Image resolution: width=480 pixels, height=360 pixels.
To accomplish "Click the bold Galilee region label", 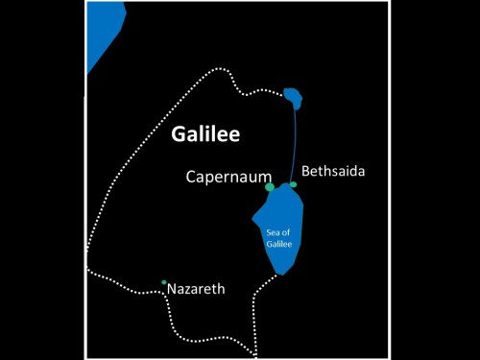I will point(204,134).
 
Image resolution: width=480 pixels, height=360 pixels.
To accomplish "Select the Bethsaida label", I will point(333,171).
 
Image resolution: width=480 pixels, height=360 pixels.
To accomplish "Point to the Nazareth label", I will point(196,288).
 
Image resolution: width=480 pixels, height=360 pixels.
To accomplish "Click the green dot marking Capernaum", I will point(270,186).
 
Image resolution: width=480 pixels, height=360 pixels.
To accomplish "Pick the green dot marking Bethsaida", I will point(293,184).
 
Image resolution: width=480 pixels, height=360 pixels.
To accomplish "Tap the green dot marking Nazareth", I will point(164,282).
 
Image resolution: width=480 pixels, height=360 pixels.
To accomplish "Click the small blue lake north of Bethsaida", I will point(293,96).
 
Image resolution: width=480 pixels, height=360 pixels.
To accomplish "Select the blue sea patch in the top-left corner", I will point(101,34).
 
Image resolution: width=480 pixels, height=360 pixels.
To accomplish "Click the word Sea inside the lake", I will point(277,232).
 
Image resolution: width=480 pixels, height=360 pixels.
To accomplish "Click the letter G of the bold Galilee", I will point(179,134).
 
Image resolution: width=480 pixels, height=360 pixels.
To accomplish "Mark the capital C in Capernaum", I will point(192,178).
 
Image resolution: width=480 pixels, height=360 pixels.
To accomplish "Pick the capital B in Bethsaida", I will point(305,171).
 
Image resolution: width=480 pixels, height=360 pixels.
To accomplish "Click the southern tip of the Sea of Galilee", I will point(279,274).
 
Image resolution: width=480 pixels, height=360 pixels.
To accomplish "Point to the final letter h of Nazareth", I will point(222,288).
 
